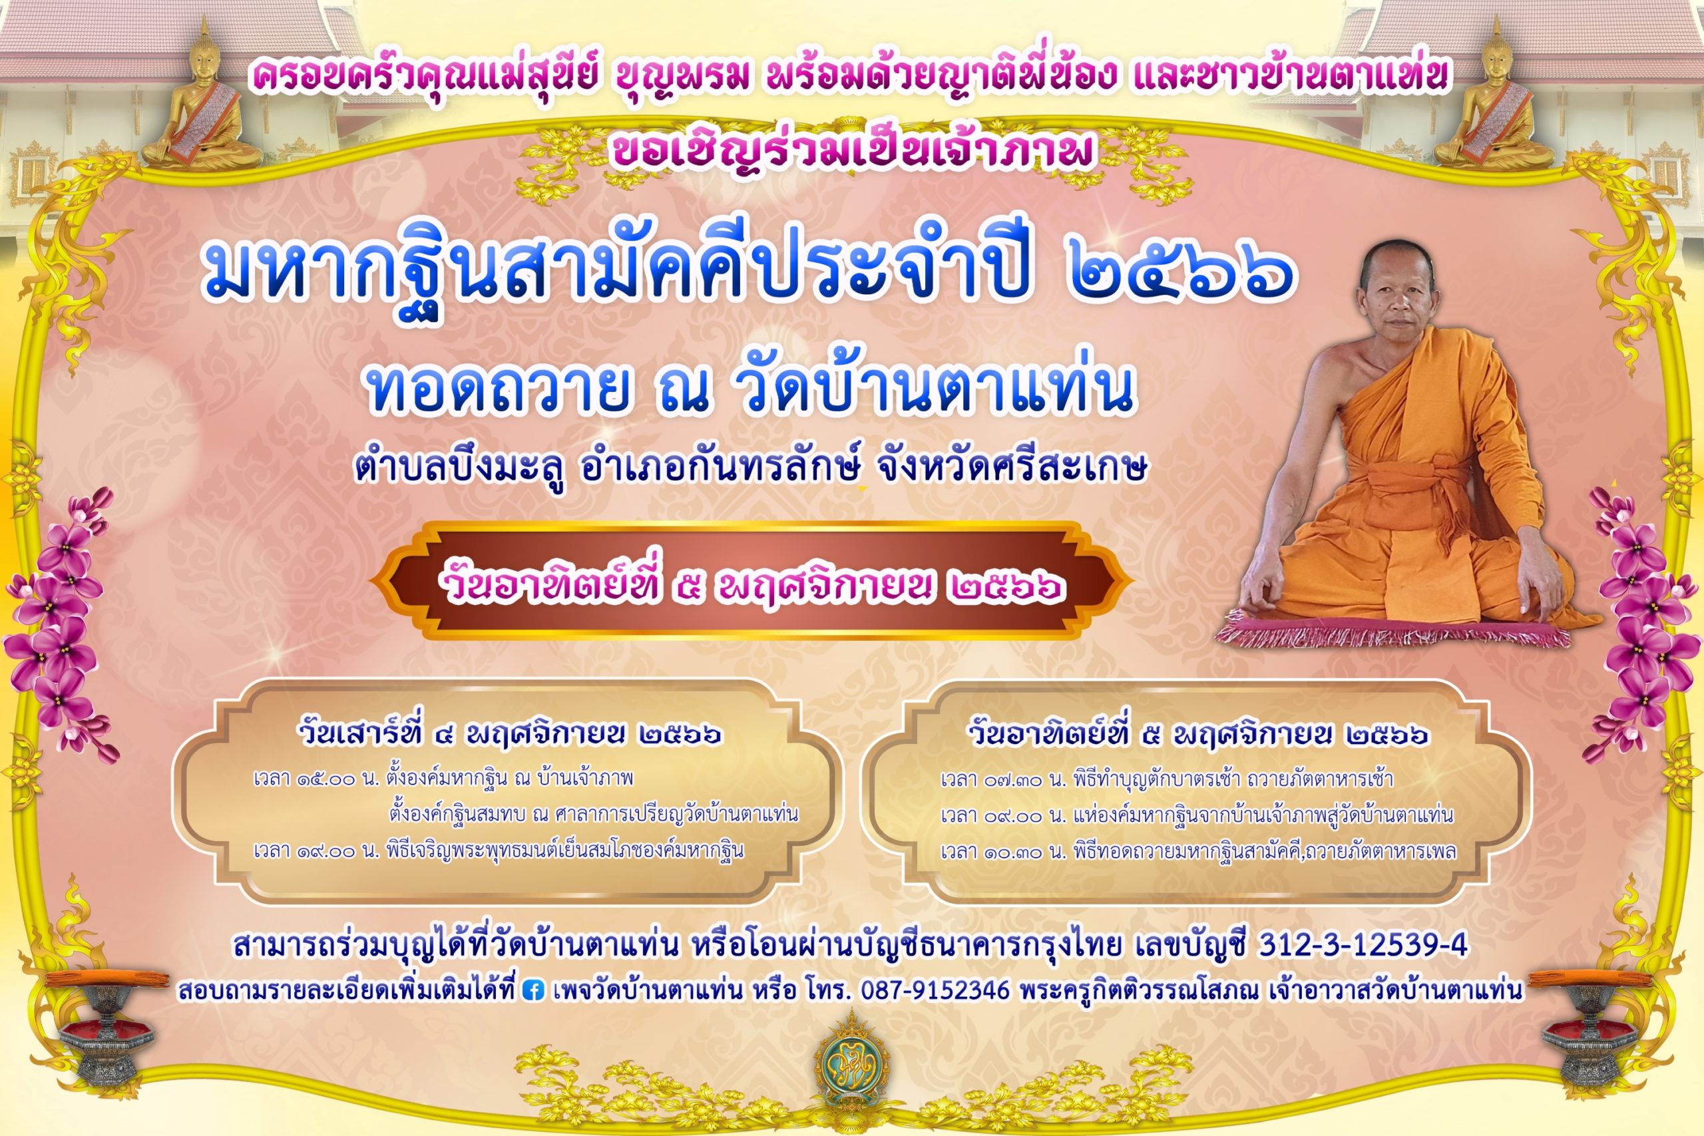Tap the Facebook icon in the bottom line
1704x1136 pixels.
tap(532, 990)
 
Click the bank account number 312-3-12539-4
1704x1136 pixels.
tap(1363, 944)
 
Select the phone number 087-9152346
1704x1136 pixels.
tap(935, 990)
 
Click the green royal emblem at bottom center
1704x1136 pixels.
tap(852, 1064)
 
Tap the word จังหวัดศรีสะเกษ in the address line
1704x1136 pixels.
tap(1011, 468)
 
